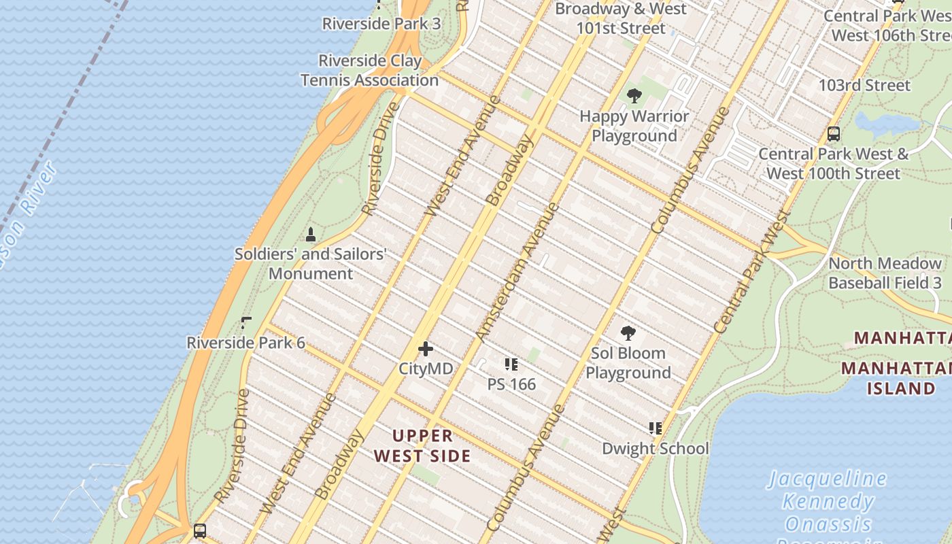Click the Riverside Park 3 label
[381, 24]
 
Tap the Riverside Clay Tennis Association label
[370, 71]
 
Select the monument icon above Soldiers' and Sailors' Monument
[311, 235]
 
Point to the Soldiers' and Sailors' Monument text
[311, 264]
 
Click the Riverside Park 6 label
[245, 343]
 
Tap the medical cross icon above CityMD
[426, 350]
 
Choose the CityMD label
[426, 369]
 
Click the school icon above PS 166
[511, 365]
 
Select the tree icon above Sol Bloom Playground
[628, 333]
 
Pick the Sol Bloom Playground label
[628, 363]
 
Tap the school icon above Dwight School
[655, 428]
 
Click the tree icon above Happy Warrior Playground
[634, 96]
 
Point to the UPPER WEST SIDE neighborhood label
[422, 445]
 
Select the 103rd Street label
[864, 86]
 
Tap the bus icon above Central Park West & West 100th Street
[834, 134]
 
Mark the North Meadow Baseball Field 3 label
[885, 273]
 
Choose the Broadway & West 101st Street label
[621, 19]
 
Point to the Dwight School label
[655, 449]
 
